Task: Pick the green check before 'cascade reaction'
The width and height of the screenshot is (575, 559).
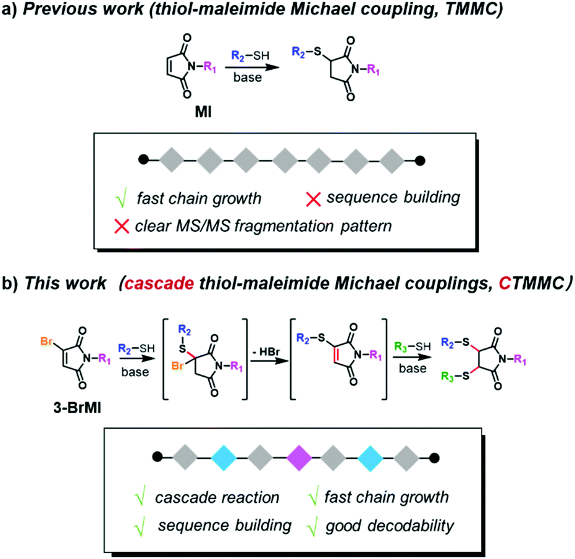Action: tap(140, 497)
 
